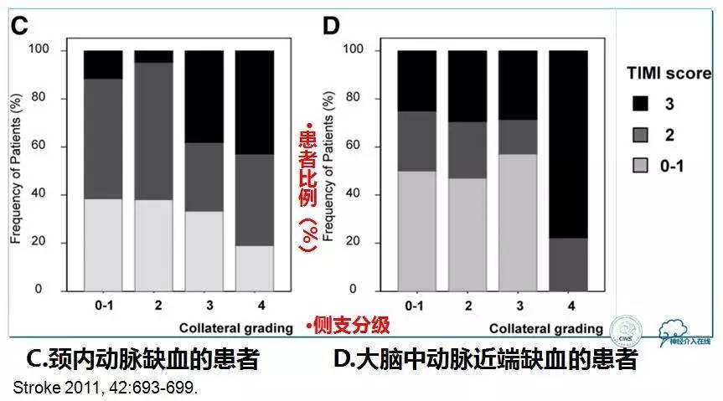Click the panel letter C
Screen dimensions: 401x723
[x=19, y=26]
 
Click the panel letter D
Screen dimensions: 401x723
[x=332, y=25]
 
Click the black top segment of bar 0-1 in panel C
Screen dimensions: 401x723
[x=103, y=64]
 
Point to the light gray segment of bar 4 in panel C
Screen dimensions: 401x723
[x=254, y=268]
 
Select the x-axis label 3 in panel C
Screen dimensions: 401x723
[x=204, y=306]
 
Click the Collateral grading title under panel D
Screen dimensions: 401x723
[x=545, y=327]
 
